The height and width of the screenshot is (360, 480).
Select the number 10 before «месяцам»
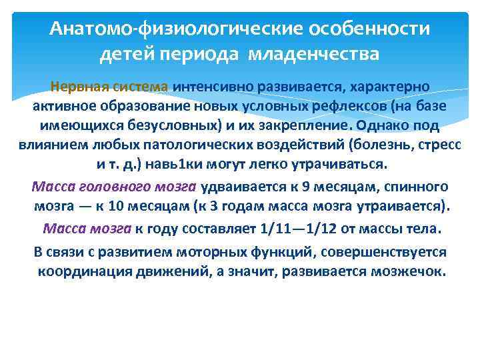(133, 207)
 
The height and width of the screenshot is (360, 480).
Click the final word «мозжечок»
(407, 272)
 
